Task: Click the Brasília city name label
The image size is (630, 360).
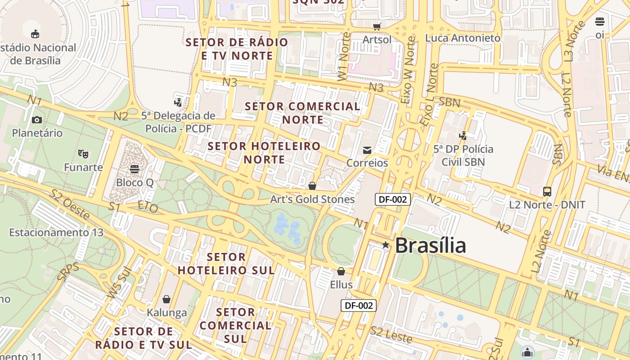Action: [x=430, y=245]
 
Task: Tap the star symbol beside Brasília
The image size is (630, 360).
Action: [x=386, y=245]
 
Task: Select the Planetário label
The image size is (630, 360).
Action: [x=37, y=133]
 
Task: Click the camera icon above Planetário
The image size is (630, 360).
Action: [x=37, y=120]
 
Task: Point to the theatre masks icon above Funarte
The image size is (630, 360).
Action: [x=83, y=154]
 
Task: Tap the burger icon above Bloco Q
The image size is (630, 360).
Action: [x=134, y=169]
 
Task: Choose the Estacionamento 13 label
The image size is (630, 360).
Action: [x=56, y=233]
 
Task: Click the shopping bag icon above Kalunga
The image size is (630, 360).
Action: [x=166, y=299]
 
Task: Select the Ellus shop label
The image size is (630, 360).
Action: [x=341, y=284]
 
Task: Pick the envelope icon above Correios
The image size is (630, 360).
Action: [x=367, y=150]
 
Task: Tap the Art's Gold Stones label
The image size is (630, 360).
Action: [x=312, y=199]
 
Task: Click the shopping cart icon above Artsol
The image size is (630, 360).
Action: [x=377, y=27]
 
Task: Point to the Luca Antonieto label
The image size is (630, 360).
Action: [x=463, y=38]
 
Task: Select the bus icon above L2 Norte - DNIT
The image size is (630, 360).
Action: [x=547, y=192]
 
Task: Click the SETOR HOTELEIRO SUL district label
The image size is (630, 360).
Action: [x=226, y=263]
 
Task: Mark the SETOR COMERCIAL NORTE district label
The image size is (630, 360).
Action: [x=303, y=113]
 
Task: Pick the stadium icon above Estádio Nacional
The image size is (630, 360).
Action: [x=35, y=34]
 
